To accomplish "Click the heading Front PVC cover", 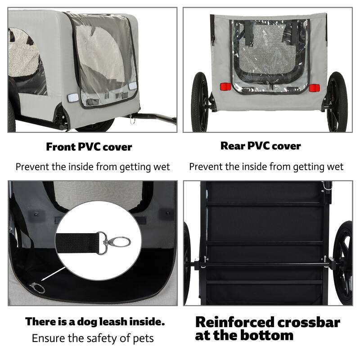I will (x=89, y=147).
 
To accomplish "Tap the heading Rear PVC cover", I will (x=261, y=146).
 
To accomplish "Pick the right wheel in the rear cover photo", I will (x=337, y=103).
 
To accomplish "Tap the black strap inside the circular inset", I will (x=79, y=243).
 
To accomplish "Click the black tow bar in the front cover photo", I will (x=155, y=118).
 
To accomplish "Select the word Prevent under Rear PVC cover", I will (x=205, y=167).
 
